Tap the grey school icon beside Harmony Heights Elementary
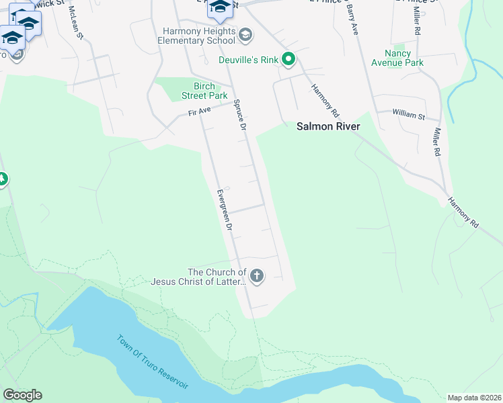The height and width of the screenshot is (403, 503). click(245, 34)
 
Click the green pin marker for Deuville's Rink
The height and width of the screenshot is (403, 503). click(288, 60)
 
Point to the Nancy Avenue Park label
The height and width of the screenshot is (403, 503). click(404, 58)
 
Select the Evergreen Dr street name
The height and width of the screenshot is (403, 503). click(224, 211)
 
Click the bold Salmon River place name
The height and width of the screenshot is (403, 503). click(329, 126)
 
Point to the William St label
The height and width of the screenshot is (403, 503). click(410, 116)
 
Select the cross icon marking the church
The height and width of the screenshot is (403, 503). click(256, 275)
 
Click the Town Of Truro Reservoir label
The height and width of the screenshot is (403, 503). click(153, 361)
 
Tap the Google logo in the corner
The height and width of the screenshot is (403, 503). click(22, 395)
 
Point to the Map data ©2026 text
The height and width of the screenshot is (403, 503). click(474, 397)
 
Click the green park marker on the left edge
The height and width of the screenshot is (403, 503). click(2, 179)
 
